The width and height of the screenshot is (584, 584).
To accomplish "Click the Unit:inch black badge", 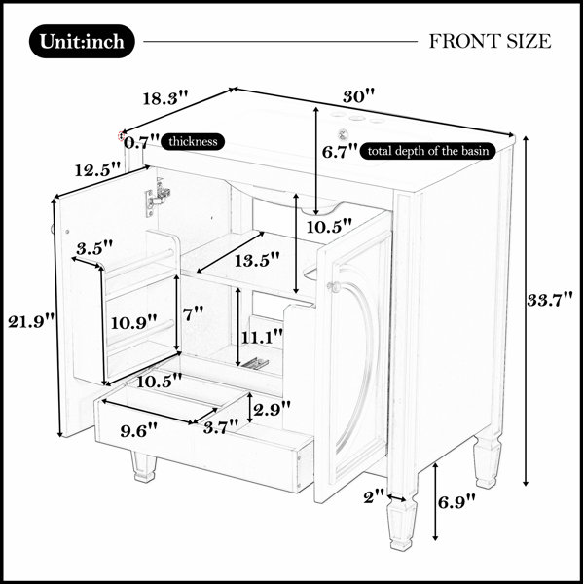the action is coord(82,41).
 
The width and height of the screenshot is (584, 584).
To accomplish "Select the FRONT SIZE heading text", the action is coord(490,41).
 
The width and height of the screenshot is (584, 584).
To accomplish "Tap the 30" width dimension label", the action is coord(358,96).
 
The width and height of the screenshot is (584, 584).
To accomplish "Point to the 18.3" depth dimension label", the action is coord(165,98).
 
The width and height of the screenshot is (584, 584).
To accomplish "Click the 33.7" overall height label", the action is coord(550,300).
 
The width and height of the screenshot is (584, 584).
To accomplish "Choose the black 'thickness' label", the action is coord(193,142).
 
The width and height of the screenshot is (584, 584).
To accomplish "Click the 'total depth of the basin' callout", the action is coord(428,151).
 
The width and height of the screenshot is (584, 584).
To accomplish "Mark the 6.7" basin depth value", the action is coord(340,152).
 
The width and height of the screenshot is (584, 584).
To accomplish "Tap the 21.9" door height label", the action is coord(31,321).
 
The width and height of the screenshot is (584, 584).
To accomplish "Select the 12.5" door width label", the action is coord(98,169).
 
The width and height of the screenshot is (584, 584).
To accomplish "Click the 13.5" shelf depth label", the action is coord(257,260).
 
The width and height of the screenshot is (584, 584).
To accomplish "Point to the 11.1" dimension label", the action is coord(263,338).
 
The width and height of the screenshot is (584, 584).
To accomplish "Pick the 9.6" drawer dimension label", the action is coord(138,430).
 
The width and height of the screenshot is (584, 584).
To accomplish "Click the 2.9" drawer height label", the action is coord(272,410).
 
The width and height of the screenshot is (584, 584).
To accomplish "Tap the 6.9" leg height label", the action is coord(456,502).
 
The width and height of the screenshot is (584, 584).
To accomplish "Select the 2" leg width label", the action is coord(374,496).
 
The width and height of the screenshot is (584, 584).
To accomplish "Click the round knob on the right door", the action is coord(332,286).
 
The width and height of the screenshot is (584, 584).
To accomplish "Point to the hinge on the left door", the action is coord(158,197).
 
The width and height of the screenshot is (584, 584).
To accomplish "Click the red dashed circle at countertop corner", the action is coord(121,136).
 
